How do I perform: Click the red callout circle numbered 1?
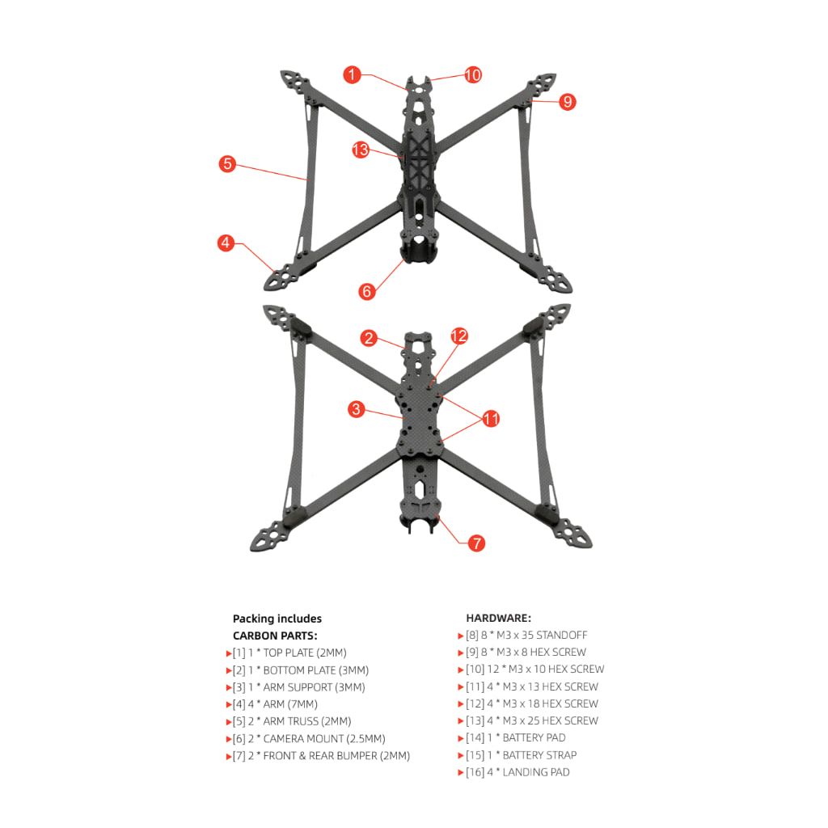pyautogui.click(x=353, y=74)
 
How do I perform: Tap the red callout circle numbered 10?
pyautogui.click(x=473, y=74)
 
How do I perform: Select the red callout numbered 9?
pyautogui.click(x=567, y=101)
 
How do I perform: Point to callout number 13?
pyautogui.click(x=361, y=150)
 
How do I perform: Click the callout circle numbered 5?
pyautogui.click(x=227, y=163)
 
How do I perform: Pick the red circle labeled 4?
pyautogui.click(x=226, y=243)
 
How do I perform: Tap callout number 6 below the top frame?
pyautogui.click(x=367, y=291)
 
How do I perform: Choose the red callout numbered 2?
pyautogui.click(x=369, y=338)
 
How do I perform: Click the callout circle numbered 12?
pyautogui.click(x=459, y=336)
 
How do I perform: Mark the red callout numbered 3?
pyautogui.click(x=357, y=408)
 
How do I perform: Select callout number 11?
pyautogui.click(x=491, y=419)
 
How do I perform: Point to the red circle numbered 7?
pyautogui.click(x=476, y=543)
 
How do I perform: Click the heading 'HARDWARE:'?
pyautogui.click(x=498, y=618)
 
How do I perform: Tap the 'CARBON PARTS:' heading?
pyautogui.click(x=275, y=636)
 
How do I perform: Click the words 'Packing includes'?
pyautogui.click(x=277, y=619)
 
